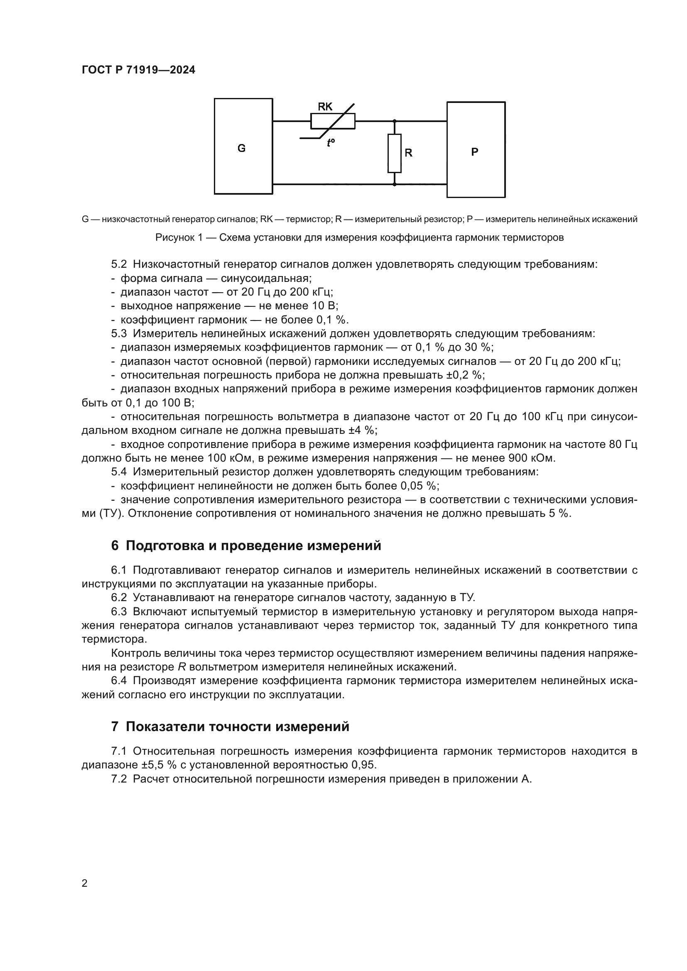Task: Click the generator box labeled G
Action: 243,146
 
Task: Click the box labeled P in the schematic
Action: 476,150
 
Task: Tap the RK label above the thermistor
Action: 325,107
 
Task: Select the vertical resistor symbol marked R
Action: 394,153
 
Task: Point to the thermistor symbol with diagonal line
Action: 333,121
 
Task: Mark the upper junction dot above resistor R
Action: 394,121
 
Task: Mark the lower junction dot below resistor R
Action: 394,184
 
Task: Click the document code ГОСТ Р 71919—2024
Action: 138,70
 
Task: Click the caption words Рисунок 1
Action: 179,237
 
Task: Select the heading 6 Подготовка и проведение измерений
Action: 246,545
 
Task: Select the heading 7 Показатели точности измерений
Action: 230,726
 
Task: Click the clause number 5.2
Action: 119,264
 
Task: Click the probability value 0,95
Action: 363,765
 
